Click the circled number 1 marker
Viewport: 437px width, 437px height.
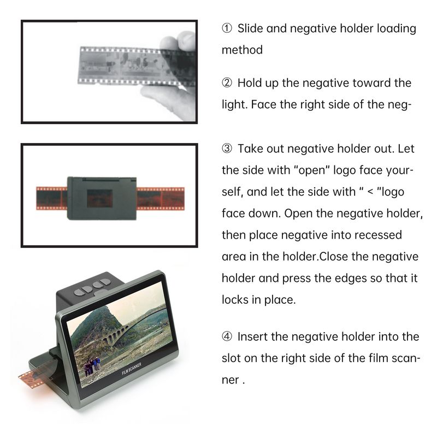click(227, 28)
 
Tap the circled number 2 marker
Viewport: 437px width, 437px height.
click(227, 83)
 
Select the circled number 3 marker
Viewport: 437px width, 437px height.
click(227, 149)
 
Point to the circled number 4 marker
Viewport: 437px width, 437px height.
click(227, 336)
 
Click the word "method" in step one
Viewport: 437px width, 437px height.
click(242, 50)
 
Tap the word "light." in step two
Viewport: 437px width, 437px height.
click(235, 104)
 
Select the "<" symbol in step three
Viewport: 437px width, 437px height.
click(370, 192)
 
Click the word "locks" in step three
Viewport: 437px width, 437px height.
click(235, 300)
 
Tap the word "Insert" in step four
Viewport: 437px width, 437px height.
click(252, 336)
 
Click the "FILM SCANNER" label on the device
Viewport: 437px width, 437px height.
click(132, 369)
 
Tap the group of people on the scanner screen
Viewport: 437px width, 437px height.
click(91, 365)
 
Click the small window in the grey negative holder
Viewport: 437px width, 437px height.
click(99, 199)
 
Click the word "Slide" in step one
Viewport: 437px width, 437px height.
click(250, 28)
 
